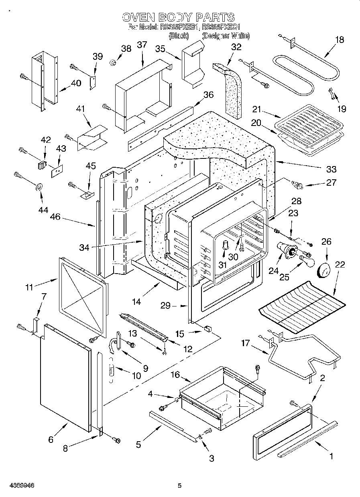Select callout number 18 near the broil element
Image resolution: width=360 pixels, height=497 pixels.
pos(339,39)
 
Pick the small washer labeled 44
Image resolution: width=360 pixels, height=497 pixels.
pos(40,187)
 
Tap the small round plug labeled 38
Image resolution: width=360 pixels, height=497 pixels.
pos(114,62)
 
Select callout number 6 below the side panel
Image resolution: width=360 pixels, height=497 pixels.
pos(51,439)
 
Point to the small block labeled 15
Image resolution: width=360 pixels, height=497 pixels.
pos(207,329)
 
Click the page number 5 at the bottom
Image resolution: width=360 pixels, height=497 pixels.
pos(180,486)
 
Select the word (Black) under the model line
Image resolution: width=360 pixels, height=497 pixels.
pos(179,36)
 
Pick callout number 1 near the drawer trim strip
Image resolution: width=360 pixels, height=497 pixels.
pos(332,456)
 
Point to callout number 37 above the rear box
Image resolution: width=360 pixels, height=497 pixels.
pos(142,45)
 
